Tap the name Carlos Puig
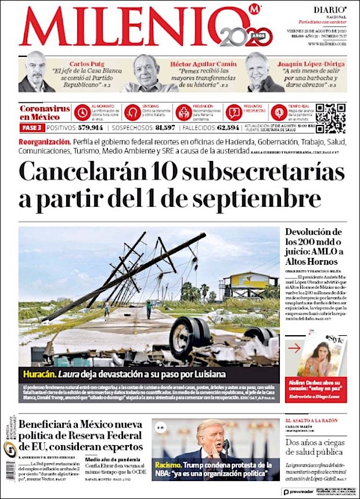pos(87,63)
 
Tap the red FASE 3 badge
pos(31,128)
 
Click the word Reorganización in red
pos(45,142)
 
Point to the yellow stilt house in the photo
pos(247,286)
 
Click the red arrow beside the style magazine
pos(296,349)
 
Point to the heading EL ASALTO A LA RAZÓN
pos(311,420)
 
